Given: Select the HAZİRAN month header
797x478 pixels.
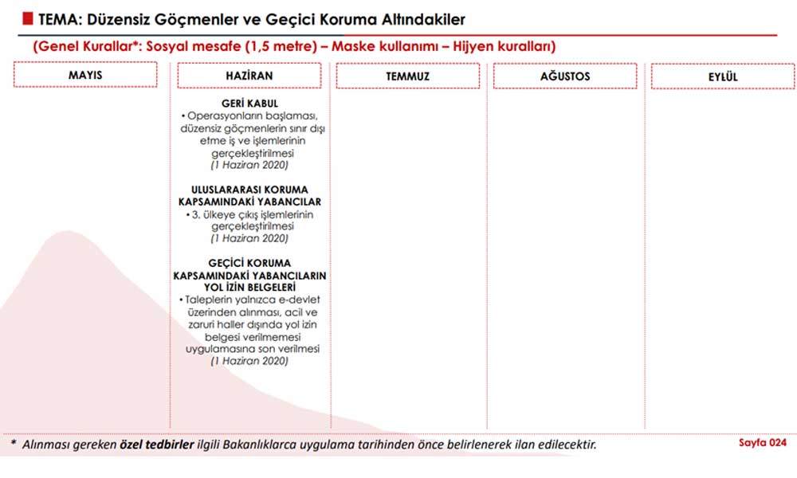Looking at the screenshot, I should (249, 76).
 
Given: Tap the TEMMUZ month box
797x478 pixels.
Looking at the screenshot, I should (407, 76).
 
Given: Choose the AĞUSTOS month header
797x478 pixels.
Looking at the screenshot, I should (565, 76).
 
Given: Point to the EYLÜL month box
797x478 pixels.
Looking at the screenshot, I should (723, 76).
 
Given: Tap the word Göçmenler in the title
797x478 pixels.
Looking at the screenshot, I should (185, 19).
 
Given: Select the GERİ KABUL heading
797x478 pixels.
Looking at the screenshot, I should (249, 104).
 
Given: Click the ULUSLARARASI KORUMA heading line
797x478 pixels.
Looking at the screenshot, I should (250, 190).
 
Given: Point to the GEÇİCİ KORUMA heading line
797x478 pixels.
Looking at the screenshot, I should (250, 263).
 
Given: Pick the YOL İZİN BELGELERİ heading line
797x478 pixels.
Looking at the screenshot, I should (249, 287).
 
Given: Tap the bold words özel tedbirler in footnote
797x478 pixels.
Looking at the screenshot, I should (157, 444).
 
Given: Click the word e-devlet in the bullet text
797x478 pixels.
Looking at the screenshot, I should (289, 300).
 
